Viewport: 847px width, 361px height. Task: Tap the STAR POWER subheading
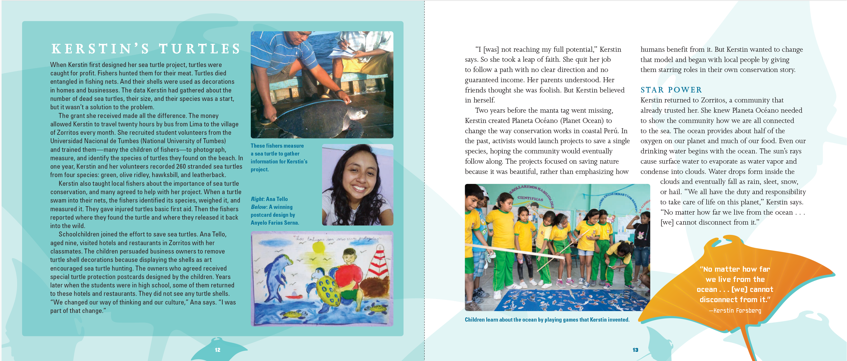[x=671, y=90]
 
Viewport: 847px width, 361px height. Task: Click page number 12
[x=217, y=350]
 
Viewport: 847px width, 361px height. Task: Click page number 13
[x=635, y=350]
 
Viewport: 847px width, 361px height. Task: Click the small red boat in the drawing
[x=294, y=294]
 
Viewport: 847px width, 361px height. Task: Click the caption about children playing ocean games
[x=547, y=319]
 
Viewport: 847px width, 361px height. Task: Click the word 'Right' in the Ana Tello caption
[x=257, y=199]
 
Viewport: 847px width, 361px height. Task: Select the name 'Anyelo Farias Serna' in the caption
[x=274, y=223]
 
